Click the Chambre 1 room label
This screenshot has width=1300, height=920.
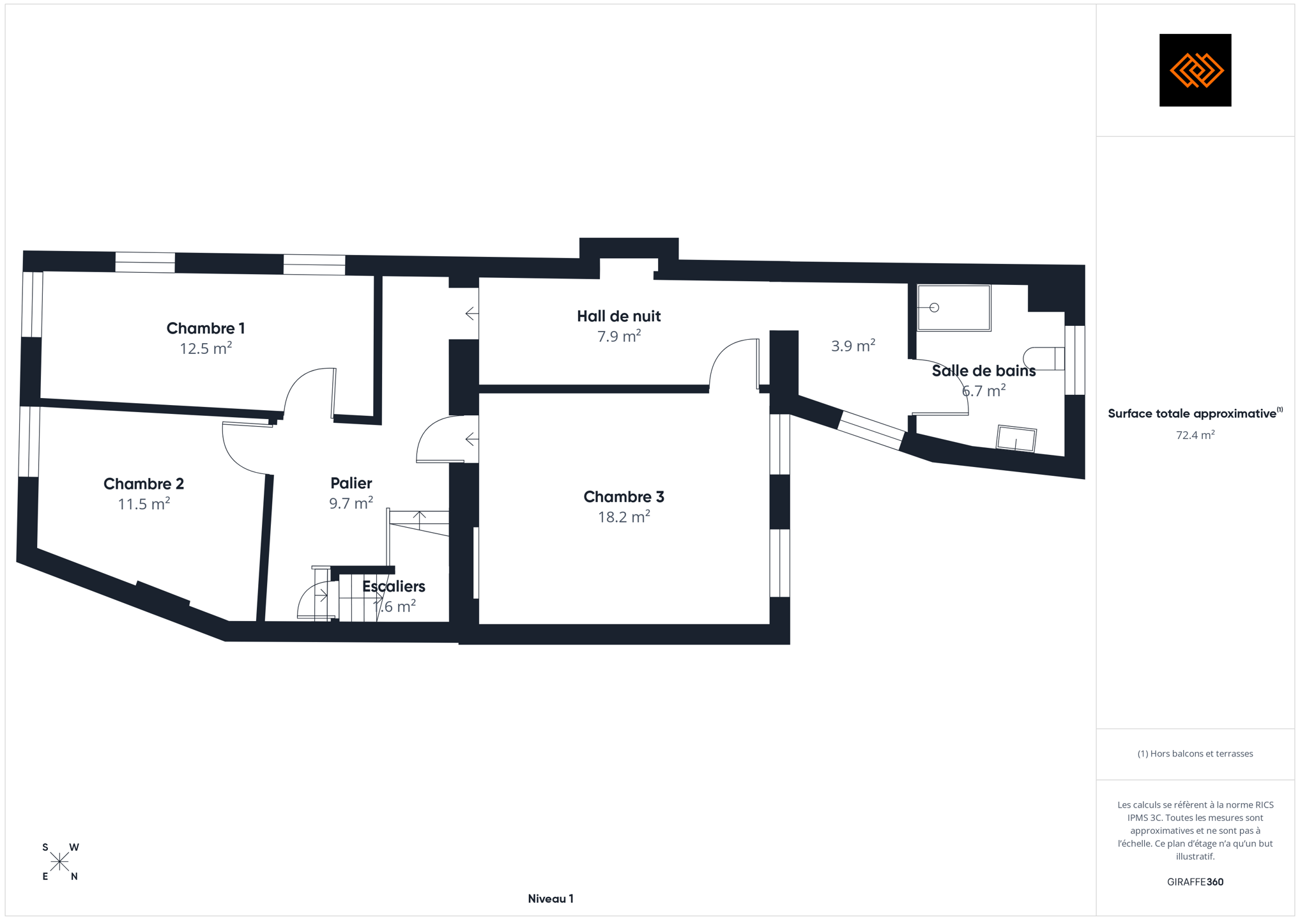(205, 328)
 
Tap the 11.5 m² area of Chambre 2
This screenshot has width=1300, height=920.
(144, 503)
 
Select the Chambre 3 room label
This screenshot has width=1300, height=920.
(623, 496)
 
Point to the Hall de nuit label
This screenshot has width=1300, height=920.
(618, 316)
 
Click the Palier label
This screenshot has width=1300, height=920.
(351, 483)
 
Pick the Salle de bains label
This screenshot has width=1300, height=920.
(983, 371)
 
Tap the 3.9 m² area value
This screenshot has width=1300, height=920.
(853, 346)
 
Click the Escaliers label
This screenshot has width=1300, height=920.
(394, 586)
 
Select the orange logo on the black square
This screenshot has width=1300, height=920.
(1195, 70)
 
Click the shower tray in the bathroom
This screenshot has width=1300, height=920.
(954, 308)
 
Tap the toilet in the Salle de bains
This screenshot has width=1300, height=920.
(1044, 358)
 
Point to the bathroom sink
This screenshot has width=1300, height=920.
(1016, 438)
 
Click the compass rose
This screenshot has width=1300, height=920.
(60, 862)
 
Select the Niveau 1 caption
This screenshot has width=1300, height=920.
(550, 898)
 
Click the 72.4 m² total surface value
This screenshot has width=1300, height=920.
(1195, 435)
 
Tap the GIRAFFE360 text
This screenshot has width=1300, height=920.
(1195, 882)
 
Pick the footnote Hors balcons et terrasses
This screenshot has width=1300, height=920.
(1195, 754)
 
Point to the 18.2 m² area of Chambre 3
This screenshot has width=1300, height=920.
(623, 516)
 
